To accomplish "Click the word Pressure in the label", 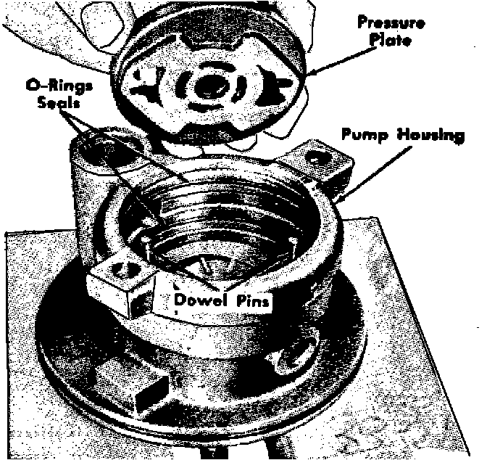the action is click(391, 23).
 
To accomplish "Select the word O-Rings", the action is click(59, 85).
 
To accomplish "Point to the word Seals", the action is click(58, 102).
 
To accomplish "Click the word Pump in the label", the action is click(365, 135).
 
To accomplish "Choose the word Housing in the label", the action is click(431, 136).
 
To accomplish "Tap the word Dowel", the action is click(202, 300).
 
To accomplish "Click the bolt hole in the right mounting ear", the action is click(314, 160).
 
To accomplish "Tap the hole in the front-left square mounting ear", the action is click(124, 268).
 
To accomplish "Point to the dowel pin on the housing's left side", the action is click(145, 240).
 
